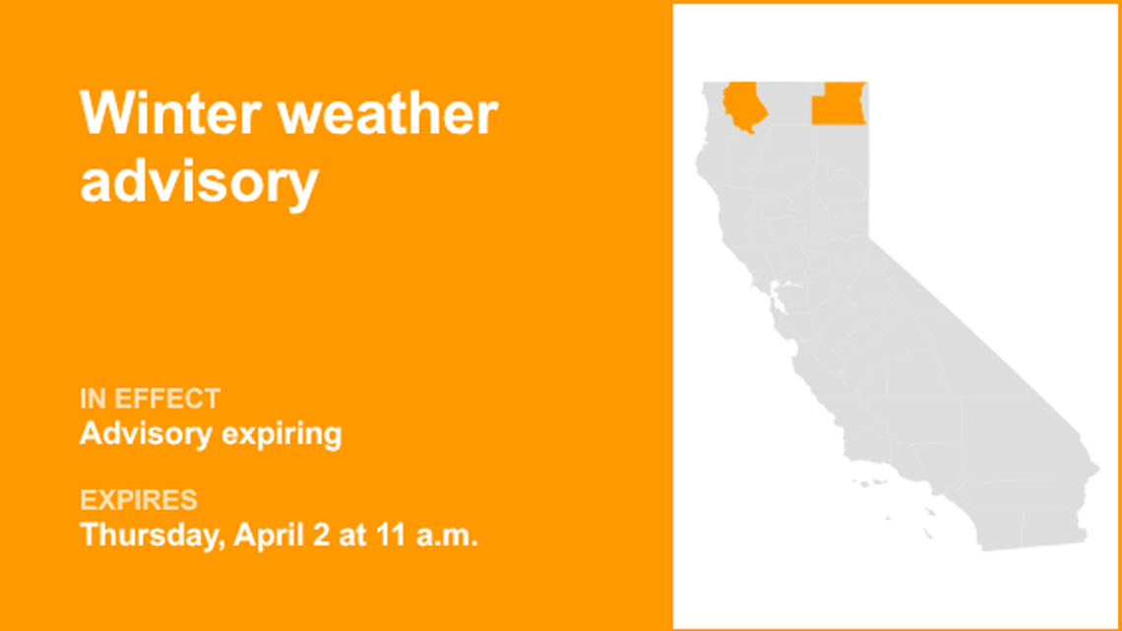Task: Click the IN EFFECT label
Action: point(150,399)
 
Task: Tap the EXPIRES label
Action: point(138,499)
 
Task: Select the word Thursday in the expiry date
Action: point(154,536)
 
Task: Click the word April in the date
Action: point(265,536)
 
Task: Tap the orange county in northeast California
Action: point(838,103)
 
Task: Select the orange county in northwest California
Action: point(743,106)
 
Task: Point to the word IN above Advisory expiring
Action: point(92,399)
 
